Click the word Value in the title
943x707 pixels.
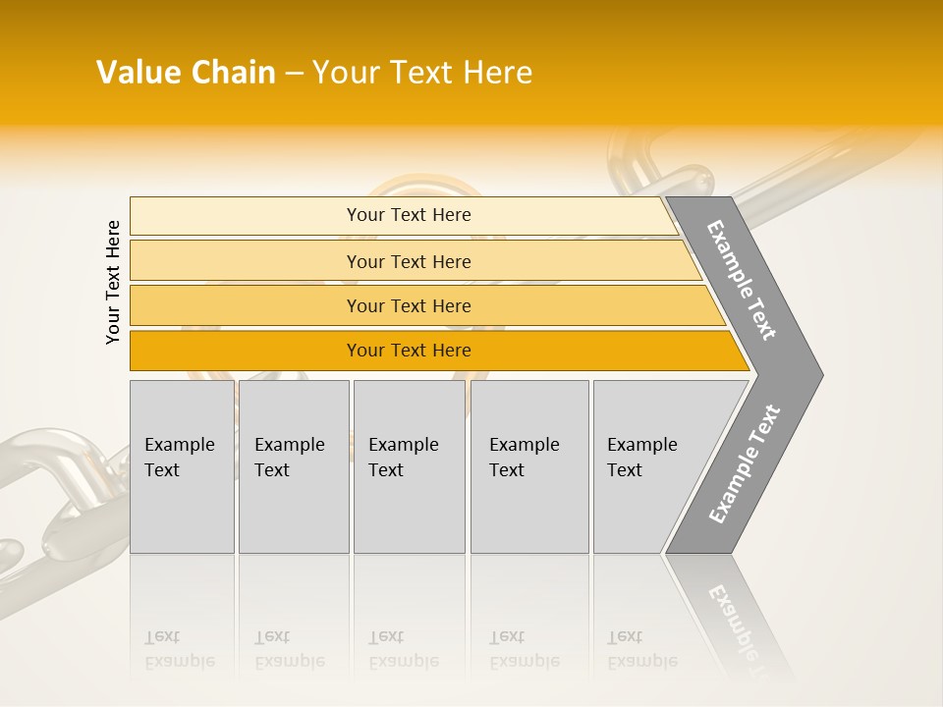pos(137,73)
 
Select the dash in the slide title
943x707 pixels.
pos(294,74)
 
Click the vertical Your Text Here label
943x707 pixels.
pos(113,282)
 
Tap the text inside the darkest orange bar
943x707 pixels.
pos(409,351)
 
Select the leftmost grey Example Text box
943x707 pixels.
pos(182,466)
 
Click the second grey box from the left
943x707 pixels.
pos(294,466)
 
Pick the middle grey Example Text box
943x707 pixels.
pos(409,466)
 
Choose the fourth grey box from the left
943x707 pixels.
pos(529,466)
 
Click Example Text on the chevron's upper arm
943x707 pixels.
pos(742,280)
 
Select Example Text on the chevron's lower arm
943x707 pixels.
pos(744,464)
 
